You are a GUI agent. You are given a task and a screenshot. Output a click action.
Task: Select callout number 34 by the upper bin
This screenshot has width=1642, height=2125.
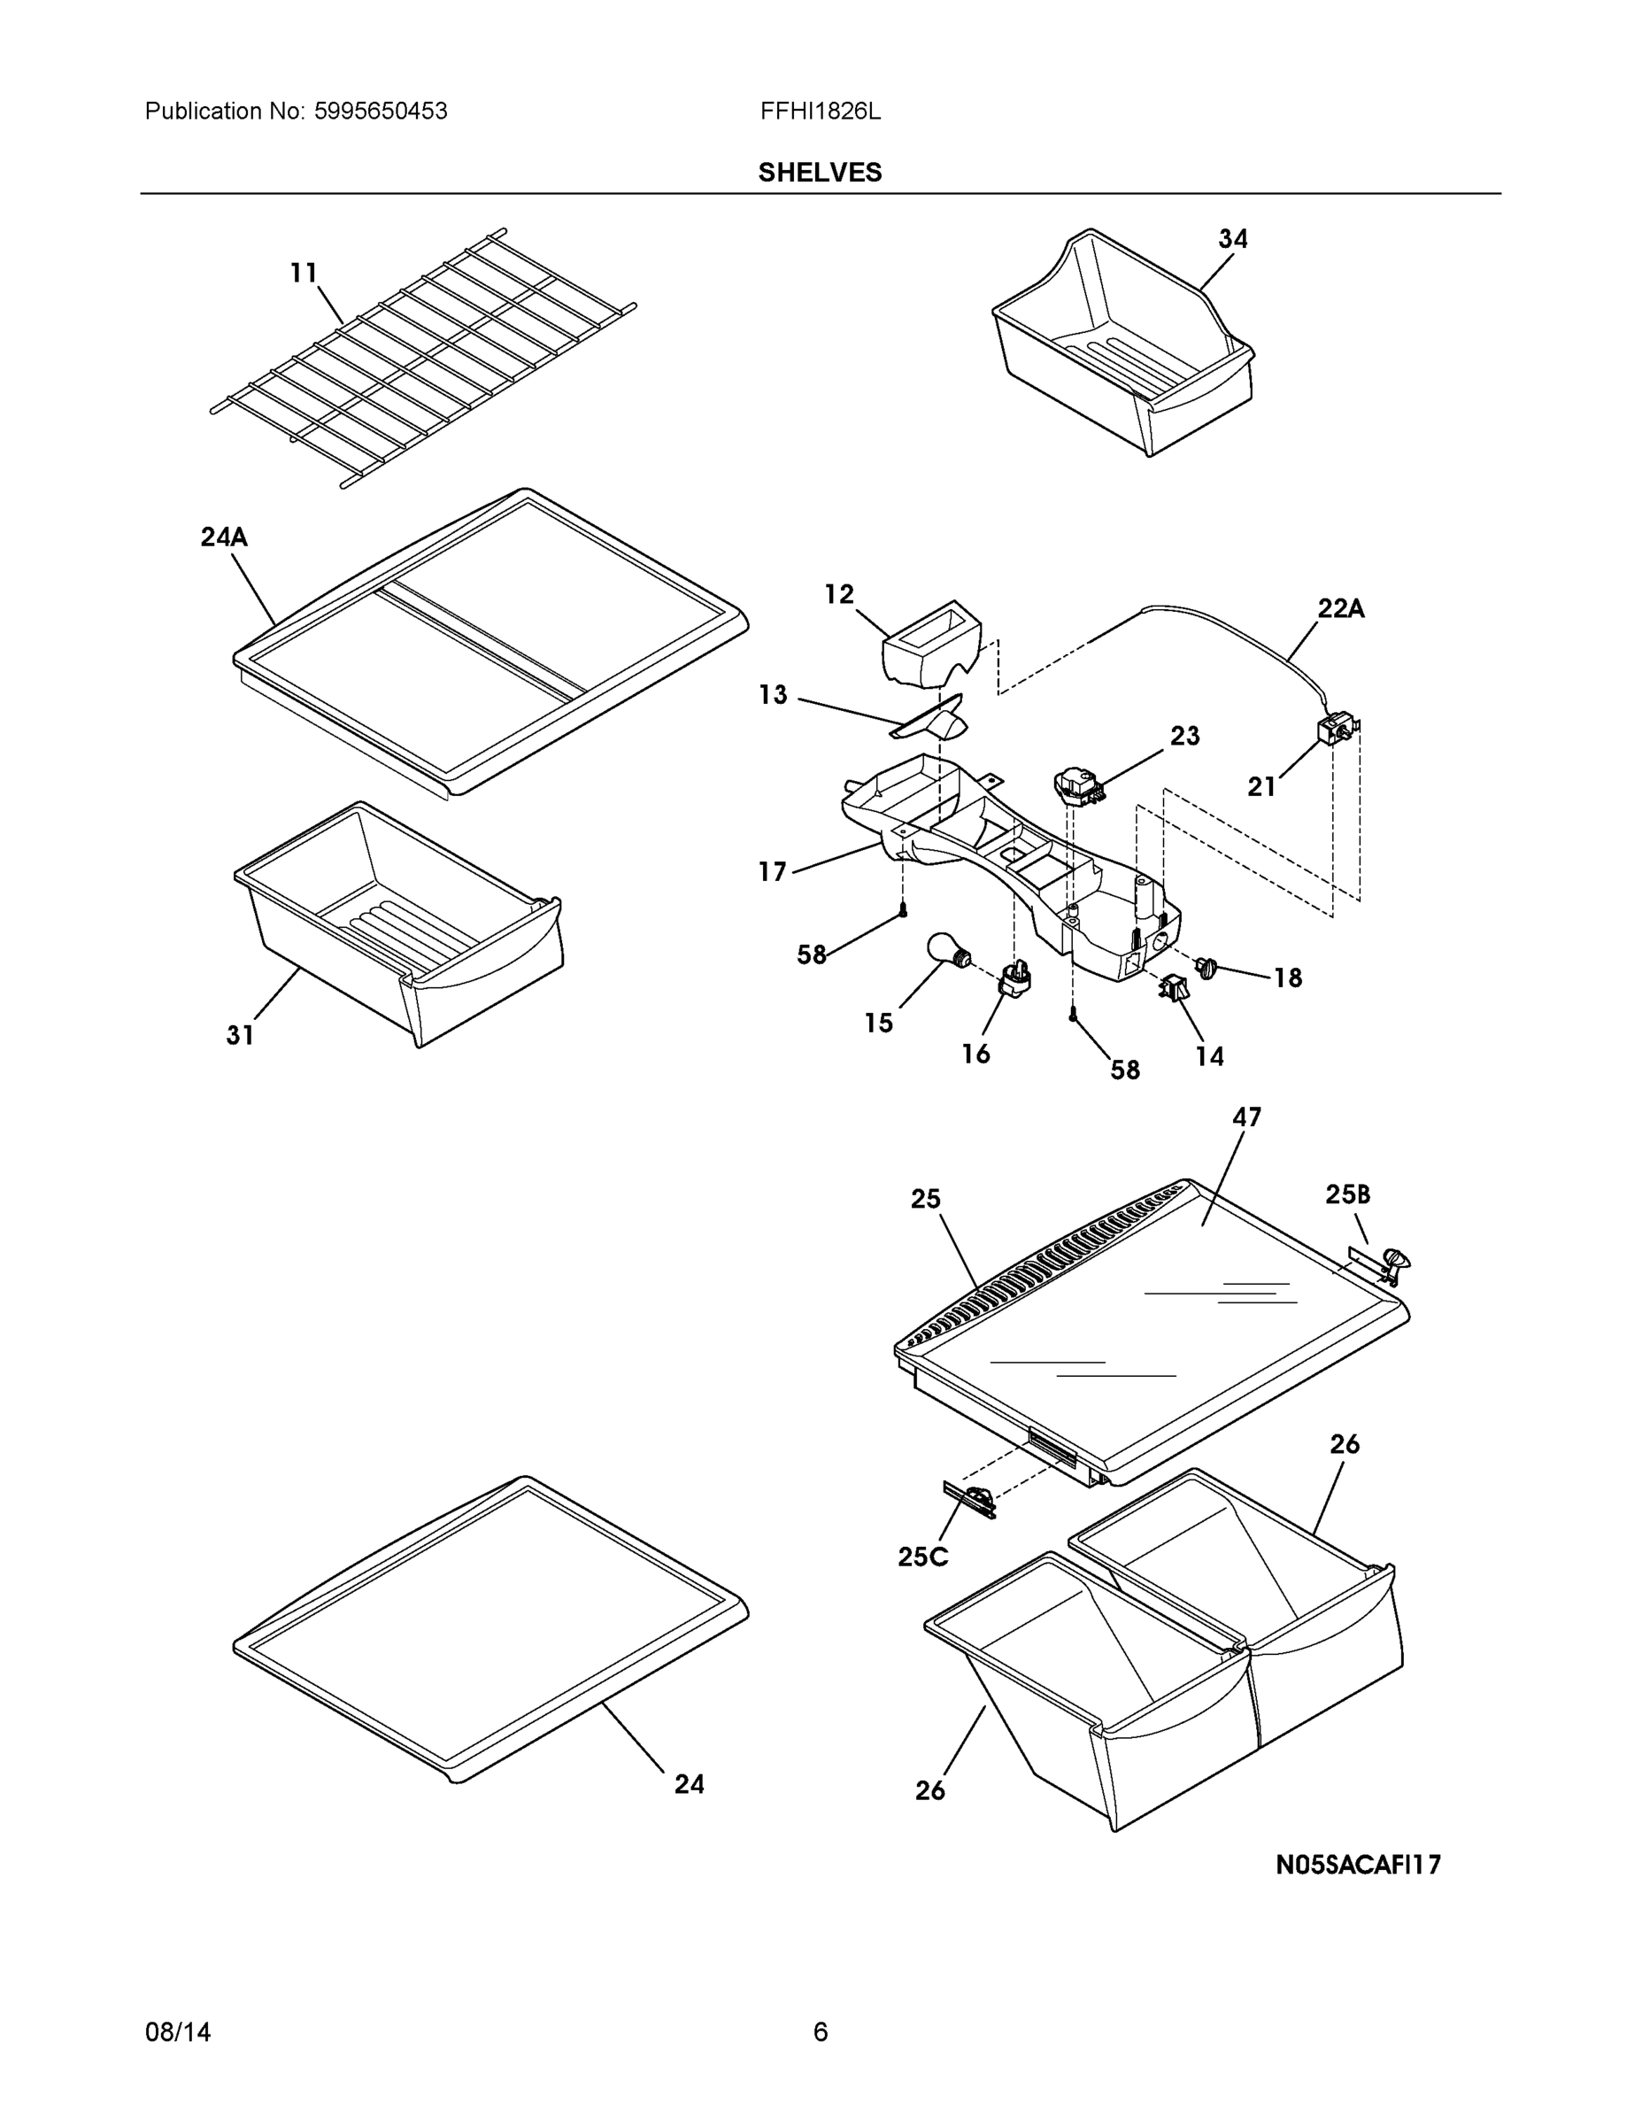coord(1232,238)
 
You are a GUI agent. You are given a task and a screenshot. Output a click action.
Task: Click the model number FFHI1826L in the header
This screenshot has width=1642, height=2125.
coord(820,111)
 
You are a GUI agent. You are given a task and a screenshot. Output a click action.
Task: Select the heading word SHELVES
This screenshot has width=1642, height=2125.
coord(820,173)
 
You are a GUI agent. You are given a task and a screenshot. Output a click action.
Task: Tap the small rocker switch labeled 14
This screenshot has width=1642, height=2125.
coord(1170,987)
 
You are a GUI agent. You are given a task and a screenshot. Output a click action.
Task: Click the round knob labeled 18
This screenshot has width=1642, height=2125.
coord(1207,967)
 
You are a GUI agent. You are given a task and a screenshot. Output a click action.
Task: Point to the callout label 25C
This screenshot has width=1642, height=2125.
coord(922,1557)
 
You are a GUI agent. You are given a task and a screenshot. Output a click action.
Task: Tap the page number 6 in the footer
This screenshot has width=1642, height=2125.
coord(820,2032)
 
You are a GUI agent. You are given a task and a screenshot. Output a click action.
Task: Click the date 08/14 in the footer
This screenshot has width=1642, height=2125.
coord(178,2032)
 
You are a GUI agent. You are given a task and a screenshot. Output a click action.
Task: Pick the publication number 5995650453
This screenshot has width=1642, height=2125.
coord(381,111)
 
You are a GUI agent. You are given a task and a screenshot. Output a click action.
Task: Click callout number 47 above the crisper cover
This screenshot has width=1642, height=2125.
coord(1246,1117)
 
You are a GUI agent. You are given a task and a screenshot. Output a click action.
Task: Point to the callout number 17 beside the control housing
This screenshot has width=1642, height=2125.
coord(773,872)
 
